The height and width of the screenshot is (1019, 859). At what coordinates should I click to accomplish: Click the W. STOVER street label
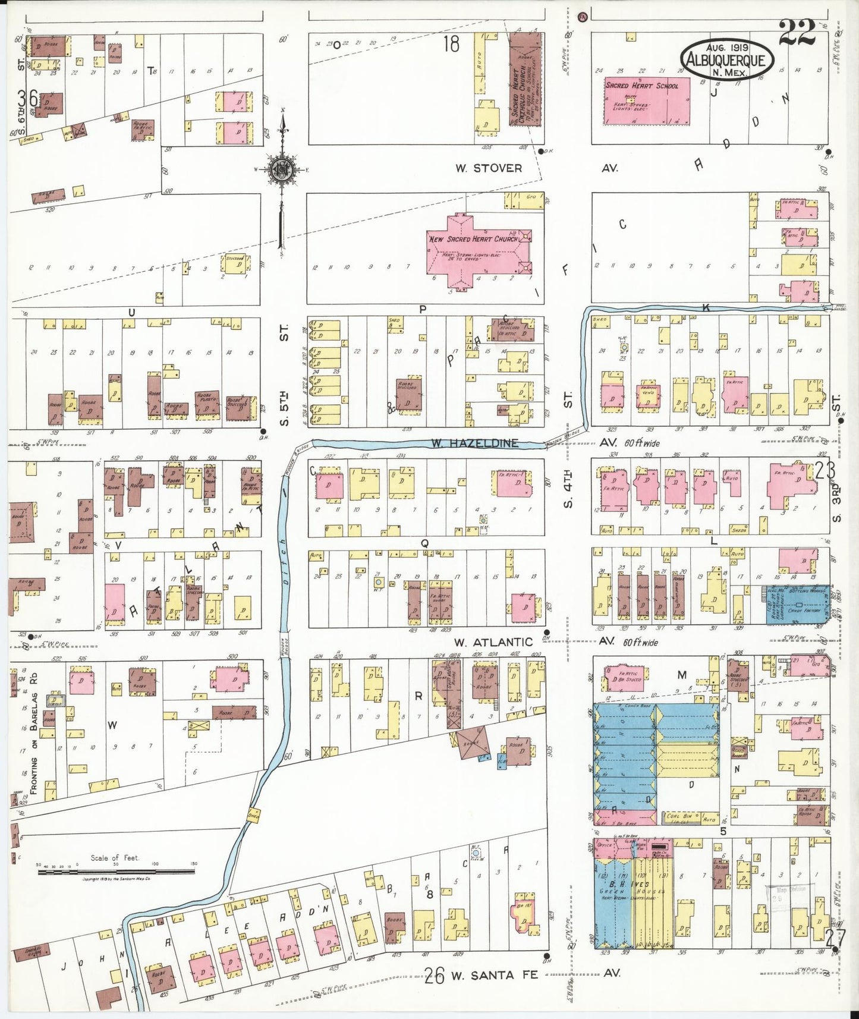489,168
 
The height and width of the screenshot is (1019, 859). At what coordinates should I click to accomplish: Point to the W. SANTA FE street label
494,975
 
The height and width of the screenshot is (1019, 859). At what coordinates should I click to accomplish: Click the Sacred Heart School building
647,101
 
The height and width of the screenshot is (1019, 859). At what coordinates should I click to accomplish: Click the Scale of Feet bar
116,872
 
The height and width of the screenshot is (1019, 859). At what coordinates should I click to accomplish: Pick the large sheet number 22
797,34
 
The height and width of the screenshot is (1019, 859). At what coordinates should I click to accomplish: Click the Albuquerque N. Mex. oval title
726,59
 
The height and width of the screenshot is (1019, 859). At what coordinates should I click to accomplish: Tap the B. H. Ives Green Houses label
631,888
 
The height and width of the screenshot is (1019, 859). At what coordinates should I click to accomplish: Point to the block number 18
451,44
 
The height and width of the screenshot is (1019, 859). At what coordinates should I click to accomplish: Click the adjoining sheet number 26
435,976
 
